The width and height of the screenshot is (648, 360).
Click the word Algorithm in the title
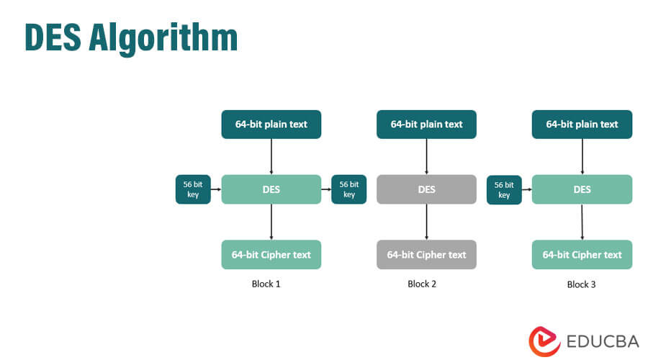(163, 37)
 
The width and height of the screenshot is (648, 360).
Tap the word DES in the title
(53, 37)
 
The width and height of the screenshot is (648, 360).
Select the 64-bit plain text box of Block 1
(271, 124)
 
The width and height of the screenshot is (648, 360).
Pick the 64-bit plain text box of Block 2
(426, 124)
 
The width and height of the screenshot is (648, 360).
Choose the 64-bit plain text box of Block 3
(582, 124)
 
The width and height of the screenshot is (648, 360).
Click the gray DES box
(426, 189)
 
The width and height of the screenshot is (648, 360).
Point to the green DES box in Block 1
(271, 189)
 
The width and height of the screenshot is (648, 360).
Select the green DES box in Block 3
(582, 189)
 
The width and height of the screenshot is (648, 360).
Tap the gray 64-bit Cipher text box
(426, 255)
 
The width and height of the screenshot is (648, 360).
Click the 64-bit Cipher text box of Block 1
(271, 255)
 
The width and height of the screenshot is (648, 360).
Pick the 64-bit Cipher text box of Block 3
(582, 255)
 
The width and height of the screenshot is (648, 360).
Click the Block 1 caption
(266, 284)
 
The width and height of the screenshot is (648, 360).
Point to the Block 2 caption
(422, 284)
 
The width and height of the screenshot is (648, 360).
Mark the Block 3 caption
(581, 284)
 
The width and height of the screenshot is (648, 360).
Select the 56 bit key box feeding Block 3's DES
(504, 189)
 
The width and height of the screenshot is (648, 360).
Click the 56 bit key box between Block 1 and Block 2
(348, 189)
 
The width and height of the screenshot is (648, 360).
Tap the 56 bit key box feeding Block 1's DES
(193, 189)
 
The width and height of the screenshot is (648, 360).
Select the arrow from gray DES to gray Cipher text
(426, 222)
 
